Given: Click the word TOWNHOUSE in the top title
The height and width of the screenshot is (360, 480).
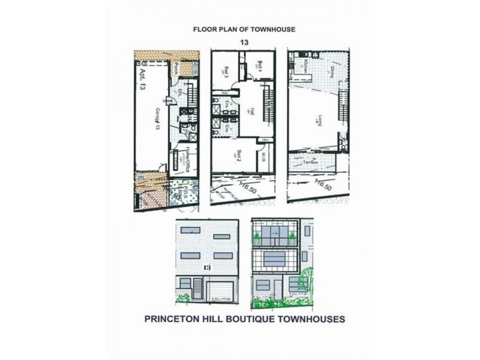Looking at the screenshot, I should click(x=274, y=29).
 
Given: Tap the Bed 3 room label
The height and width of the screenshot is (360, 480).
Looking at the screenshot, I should click(x=227, y=72).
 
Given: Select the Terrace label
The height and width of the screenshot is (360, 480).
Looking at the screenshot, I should click(x=310, y=162).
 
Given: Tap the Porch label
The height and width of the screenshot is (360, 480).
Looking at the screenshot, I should click(x=175, y=70).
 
